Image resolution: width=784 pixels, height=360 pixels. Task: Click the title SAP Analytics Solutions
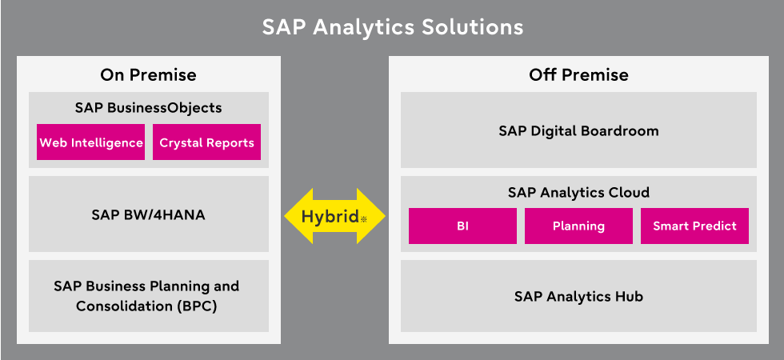pos(393,27)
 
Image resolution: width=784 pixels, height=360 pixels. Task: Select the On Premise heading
pos(149,75)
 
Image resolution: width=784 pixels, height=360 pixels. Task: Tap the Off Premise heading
pos(578,75)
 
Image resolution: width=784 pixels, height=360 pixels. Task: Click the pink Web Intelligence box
pos(91,142)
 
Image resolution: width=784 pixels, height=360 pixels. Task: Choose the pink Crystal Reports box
pos(206,142)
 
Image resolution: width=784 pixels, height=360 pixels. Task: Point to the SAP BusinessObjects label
pos(149,108)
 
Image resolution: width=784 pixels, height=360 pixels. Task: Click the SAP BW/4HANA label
pos(149,215)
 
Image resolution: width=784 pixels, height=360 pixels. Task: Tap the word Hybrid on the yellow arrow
pos(330,217)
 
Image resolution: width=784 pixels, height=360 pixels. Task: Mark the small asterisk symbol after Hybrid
pos(363,218)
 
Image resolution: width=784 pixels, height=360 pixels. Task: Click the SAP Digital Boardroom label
pos(578,131)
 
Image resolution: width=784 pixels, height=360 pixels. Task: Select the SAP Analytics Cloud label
pos(578,193)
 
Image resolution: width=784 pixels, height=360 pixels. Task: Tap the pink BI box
pos(462,226)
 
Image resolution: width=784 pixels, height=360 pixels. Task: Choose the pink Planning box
pos(578,226)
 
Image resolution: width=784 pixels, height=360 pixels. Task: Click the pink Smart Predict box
pos(694,226)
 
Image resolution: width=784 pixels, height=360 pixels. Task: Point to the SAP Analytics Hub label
pos(578,297)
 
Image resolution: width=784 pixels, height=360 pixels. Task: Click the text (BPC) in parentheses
pos(197,306)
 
